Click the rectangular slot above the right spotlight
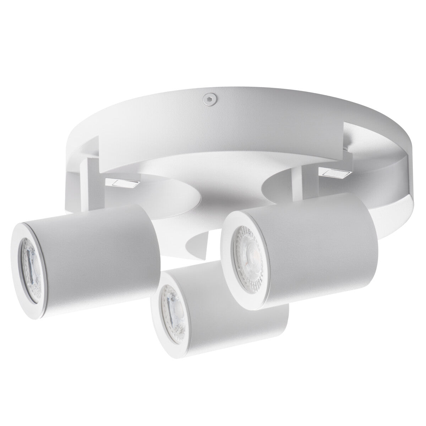[334, 173]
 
